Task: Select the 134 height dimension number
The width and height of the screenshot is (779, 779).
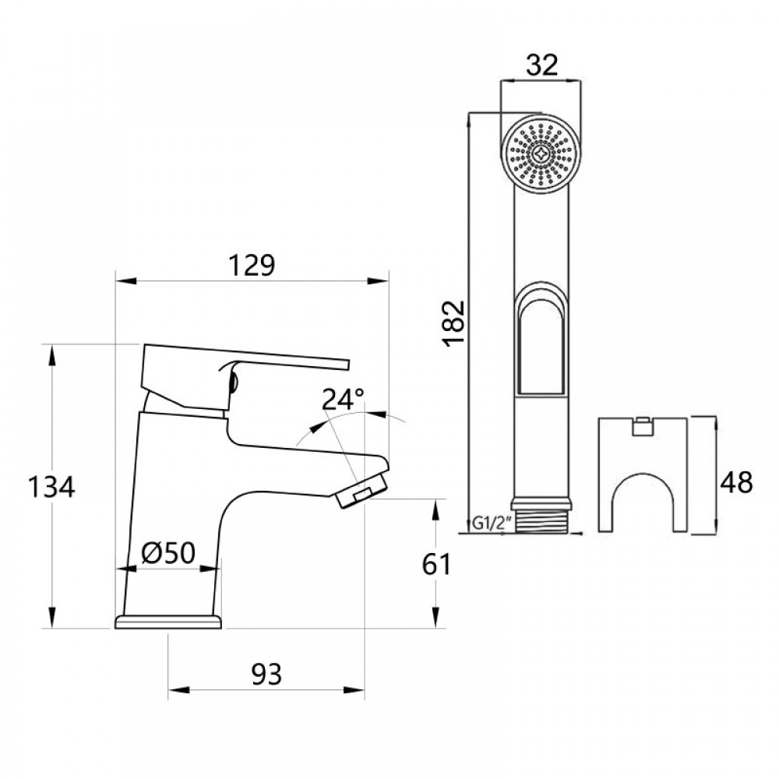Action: pyautogui.click(x=51, y=488)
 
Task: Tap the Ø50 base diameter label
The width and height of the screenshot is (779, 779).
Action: pyautogui.click(x=168, y=554)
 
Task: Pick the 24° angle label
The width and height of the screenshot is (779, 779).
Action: pyautogui.click(x=344, y=400)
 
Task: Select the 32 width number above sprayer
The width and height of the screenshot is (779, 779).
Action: pyautogui.click(x=542, y=65)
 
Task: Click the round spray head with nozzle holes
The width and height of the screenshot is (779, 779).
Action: pyautogui.click(x=541, y=154)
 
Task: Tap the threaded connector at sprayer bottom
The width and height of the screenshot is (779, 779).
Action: pyautogui.click(x=541, y=516)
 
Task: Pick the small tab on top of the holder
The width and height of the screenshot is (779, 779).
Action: pyautogui.click(x=643, y=425)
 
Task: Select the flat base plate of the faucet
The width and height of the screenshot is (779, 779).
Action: pyautogui.click(x=168, y=621)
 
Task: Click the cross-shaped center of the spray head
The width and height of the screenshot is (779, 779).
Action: pyautogui.click(x=541, y=154)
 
